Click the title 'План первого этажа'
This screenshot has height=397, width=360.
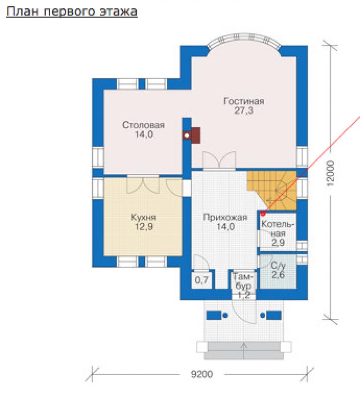(x=72, y=12)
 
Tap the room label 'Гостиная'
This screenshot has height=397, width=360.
(x=244, y=101)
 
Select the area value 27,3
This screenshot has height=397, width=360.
(x=244, y=111)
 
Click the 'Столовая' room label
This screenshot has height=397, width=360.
(x=144, y=125)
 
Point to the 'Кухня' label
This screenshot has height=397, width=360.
(x=144, y=218)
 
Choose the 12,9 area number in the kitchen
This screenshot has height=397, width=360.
(x=144, y=226)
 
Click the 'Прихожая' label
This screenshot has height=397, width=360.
(x=225, y=218)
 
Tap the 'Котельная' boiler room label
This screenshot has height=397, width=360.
(x=278, y=229)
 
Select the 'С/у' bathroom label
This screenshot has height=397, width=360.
(x=278, y=266)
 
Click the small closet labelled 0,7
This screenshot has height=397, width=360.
(x=201, y=280)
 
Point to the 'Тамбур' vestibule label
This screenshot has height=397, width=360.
(x=243, y=281)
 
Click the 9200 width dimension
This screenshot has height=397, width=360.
(x=202, y=374)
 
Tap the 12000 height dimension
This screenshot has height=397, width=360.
(x=330, y=173)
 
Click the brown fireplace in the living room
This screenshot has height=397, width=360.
(x=196, y=135)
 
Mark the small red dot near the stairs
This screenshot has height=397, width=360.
(x=263, y=214)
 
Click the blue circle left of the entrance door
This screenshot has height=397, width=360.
(x=225, y=315)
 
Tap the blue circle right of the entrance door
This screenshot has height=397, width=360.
(x=263, y=315)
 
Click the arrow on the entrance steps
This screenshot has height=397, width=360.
(x=244, y=351)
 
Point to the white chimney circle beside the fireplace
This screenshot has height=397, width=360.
(x=187, y=136)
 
